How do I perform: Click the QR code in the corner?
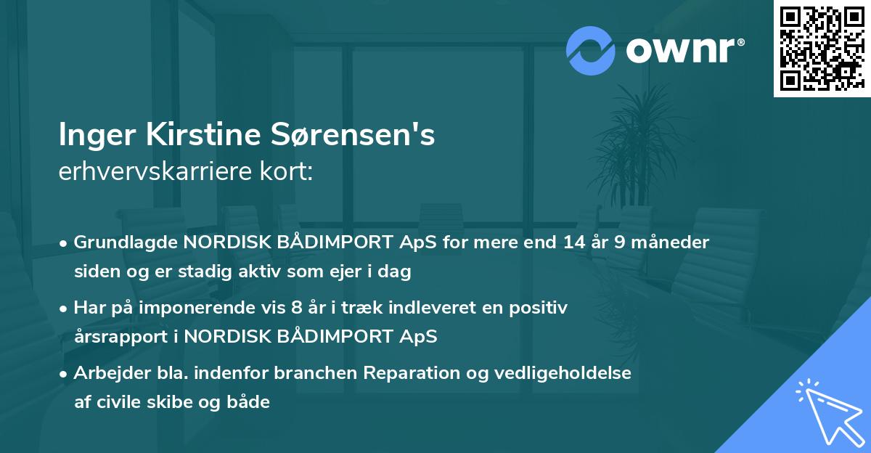point(822,49)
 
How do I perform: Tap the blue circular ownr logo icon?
point(591,50)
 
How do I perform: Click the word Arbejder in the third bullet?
point(106,373)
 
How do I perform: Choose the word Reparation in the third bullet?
point(406,373)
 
